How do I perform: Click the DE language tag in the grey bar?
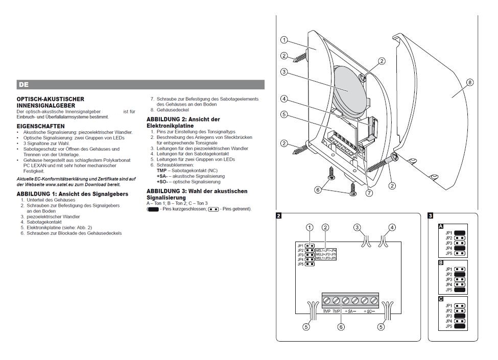22,84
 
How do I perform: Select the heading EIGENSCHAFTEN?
40,125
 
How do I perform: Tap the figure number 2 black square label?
278,216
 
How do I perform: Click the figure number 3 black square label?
430,216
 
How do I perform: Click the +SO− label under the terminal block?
370,311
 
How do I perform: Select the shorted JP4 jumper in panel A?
459,248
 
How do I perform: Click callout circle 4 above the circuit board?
392,227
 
